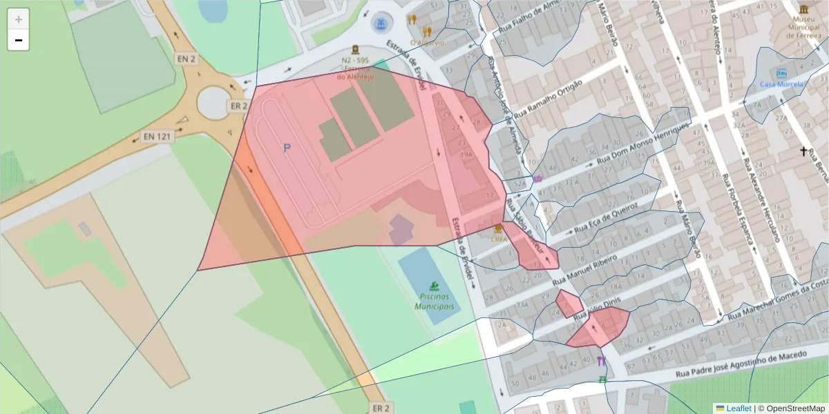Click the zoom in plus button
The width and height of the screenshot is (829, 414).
tap(19, 19)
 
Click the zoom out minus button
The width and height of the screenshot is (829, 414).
tap(19, 41)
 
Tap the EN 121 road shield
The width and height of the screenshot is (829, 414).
tap(156, 136)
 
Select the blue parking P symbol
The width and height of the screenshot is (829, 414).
tap(287, 148)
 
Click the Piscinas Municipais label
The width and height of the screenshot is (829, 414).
tap(434, 302)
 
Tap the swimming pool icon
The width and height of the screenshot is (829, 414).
tap(433, 286)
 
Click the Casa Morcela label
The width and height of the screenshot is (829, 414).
tap(782, 84)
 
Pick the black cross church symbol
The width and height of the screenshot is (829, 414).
tap(803, 151)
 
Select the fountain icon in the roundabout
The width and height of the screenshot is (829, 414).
tap(380, 24)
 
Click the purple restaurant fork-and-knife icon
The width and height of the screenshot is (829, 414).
tap(601, 361)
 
